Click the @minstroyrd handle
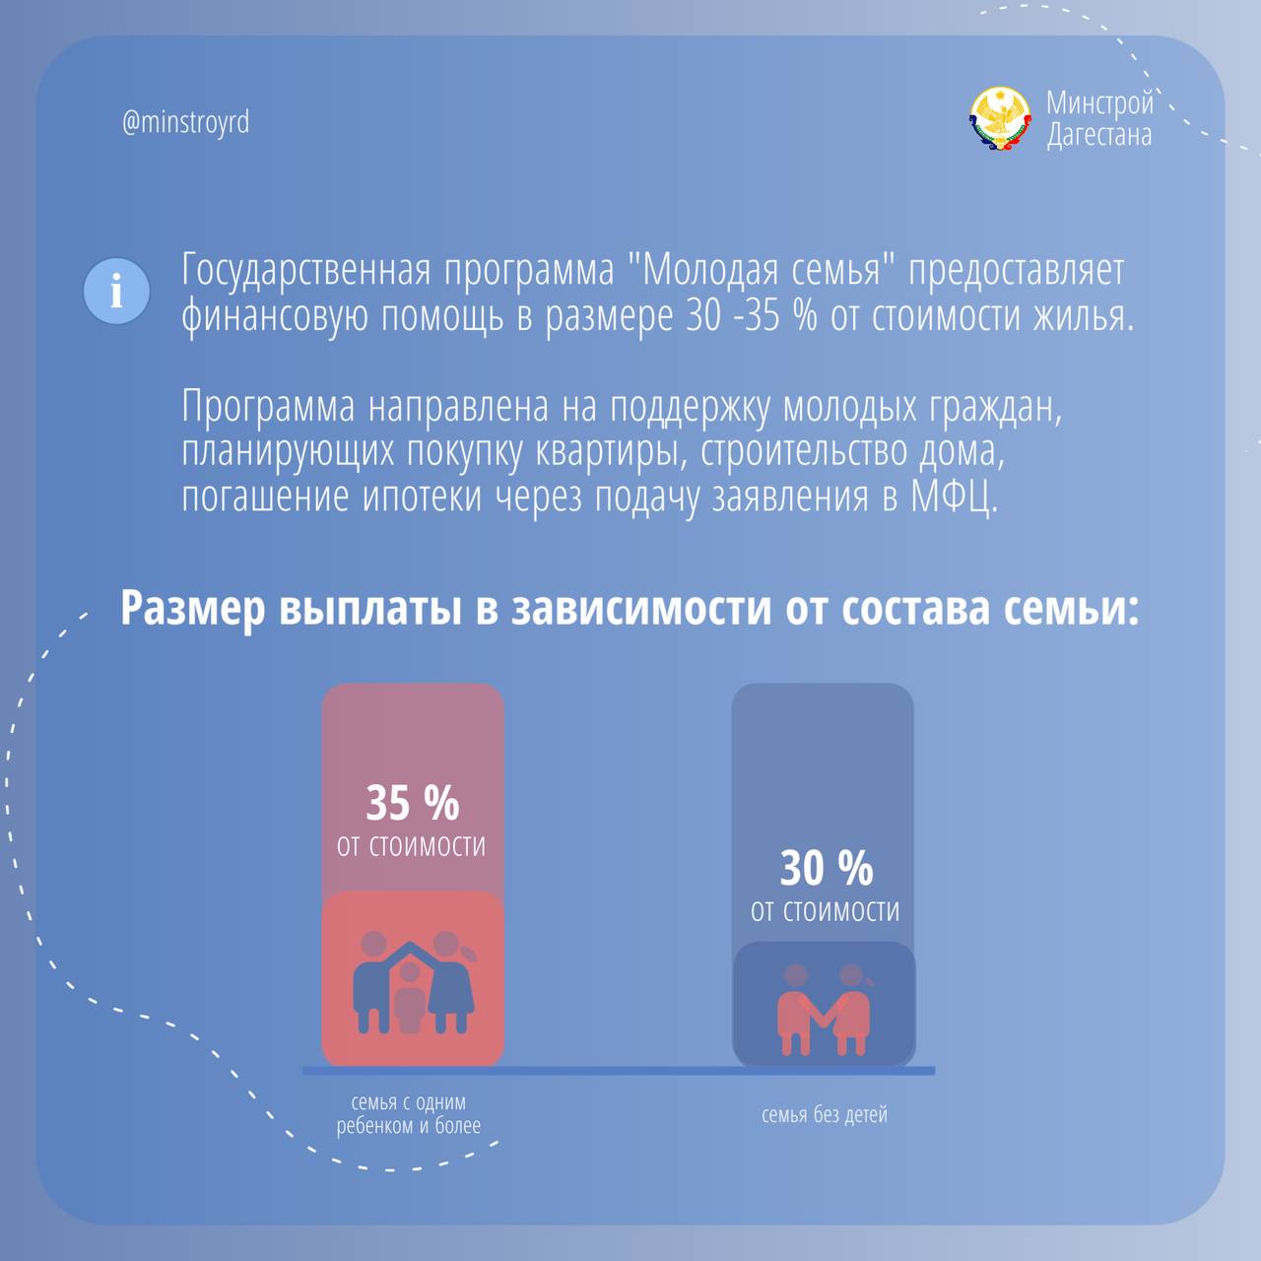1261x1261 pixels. (x=186, y=122)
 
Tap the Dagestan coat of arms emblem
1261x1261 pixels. (x=1000, y=119)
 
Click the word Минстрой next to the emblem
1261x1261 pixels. (x=1100, y=102)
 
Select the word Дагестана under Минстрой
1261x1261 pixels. (x=1099, y=135)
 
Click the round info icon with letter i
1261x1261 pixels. (x=116, y=292)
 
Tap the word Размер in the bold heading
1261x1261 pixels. (x=193, y=610)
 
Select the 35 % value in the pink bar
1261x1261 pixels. (x=412, y=802)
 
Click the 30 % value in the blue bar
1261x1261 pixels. (x=826, y=868)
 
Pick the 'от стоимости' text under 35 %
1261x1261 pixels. (x=411, y=846)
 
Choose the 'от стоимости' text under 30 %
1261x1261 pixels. (x=825, y=911)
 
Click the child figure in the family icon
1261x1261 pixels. (x=410, y=997)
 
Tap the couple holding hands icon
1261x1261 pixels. (x=824, y=1009)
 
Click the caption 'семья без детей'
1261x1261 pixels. (x=825, y=1114)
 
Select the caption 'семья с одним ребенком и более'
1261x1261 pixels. (x=409, y=1114)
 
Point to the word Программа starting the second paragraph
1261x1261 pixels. (x=268, y=407)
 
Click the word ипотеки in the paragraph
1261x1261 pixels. (x=422, y=497)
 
